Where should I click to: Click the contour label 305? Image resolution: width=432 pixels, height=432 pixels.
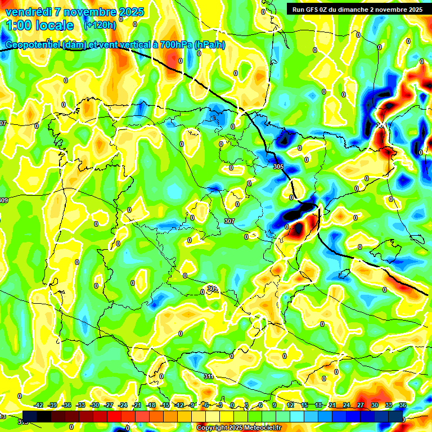tap(278, 167)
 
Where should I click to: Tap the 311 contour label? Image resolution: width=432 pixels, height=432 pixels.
tap(209, 376)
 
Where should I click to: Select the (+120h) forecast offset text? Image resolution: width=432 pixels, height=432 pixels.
tap(100, 25)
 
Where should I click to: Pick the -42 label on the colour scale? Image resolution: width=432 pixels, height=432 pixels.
tap(39, 405)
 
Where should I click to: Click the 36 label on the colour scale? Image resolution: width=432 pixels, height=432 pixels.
tap(403, 405)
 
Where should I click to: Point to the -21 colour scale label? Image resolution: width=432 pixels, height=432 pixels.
tap(137, 405)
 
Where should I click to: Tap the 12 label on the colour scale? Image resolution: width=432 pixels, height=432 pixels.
tap(290, 405)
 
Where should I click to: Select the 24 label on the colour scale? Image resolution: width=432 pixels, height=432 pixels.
tap(346, 405)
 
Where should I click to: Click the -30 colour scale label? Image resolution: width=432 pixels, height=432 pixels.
tap(94, 405)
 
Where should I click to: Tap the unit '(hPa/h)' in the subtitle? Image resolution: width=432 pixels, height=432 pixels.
tap(209, 45)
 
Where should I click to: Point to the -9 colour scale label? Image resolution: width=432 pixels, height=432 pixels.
tap(192, 405)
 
